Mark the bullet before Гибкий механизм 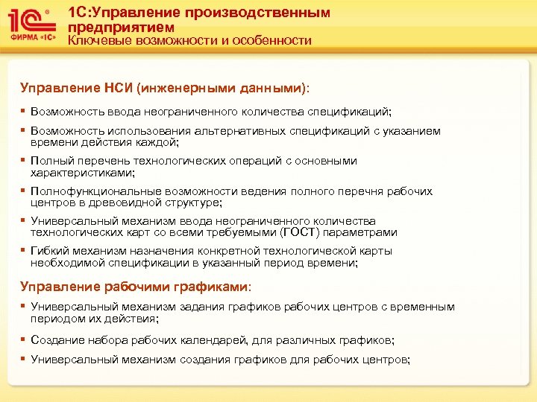[23, 251]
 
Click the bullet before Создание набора [23, 339]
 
